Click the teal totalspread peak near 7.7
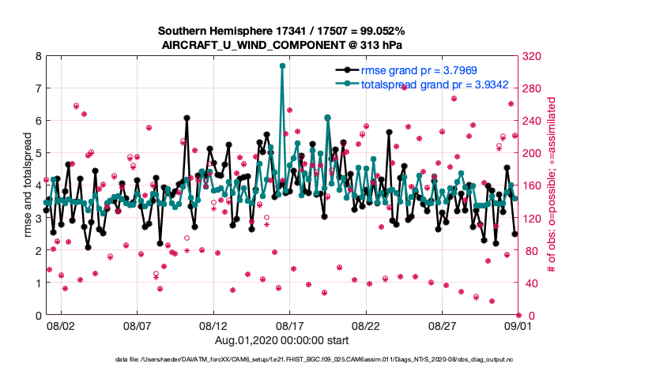coord(282,66)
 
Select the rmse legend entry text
coord(405,70)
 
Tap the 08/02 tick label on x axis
coord(61,324)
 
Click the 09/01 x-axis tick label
coord(518,324)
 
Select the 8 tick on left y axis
coord(38,56)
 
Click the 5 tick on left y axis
coord(38,153)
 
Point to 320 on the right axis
coord(532,56)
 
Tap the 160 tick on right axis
coord(532,185)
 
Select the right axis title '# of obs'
coord(551,185)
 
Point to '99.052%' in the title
coord(382,31)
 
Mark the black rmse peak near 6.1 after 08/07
coord(187,118)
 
